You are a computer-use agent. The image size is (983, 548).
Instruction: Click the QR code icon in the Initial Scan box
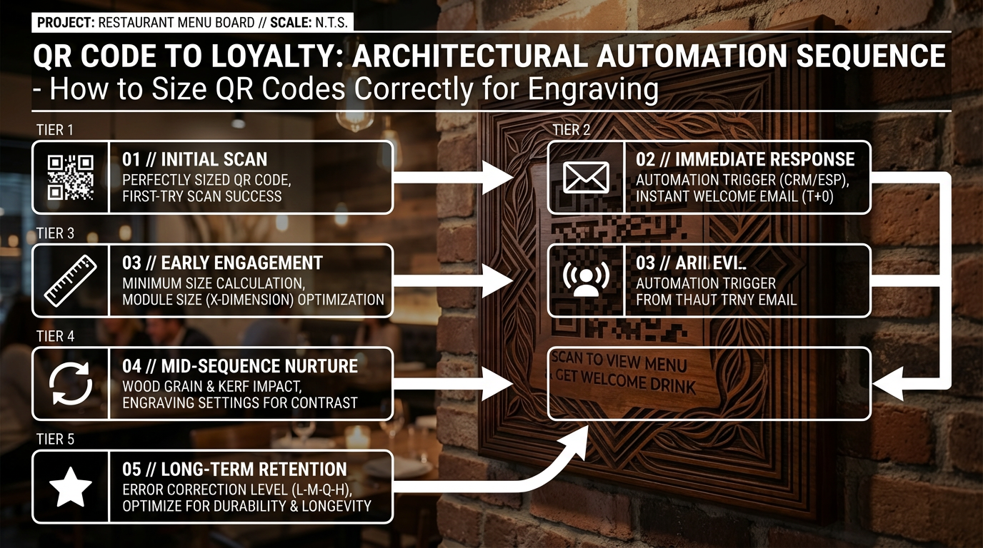[71, 177]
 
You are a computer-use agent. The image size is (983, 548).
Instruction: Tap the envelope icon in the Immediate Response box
[586, 177]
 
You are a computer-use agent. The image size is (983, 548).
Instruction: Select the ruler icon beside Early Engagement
[71, 280]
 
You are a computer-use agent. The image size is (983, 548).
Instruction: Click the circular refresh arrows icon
[71, 383]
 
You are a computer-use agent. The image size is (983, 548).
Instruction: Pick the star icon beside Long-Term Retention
[71, 487]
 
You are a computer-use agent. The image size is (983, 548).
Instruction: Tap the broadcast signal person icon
[586, 280]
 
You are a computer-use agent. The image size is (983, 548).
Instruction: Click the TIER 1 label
[54, 130]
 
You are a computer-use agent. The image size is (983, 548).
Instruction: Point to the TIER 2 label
[571, 130]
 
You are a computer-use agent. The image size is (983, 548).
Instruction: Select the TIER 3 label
[54, 233]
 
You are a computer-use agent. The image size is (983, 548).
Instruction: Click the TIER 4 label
[54, 336]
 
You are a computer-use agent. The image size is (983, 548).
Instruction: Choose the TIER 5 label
[54, 440]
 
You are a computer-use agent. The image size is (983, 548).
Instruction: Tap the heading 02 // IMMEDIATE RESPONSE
[745, 160]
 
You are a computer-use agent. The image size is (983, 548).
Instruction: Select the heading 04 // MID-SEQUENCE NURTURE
[240, 367]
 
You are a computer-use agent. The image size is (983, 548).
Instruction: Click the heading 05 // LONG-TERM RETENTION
[234, 470]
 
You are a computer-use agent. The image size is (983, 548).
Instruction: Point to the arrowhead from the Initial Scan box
[500, 177]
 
